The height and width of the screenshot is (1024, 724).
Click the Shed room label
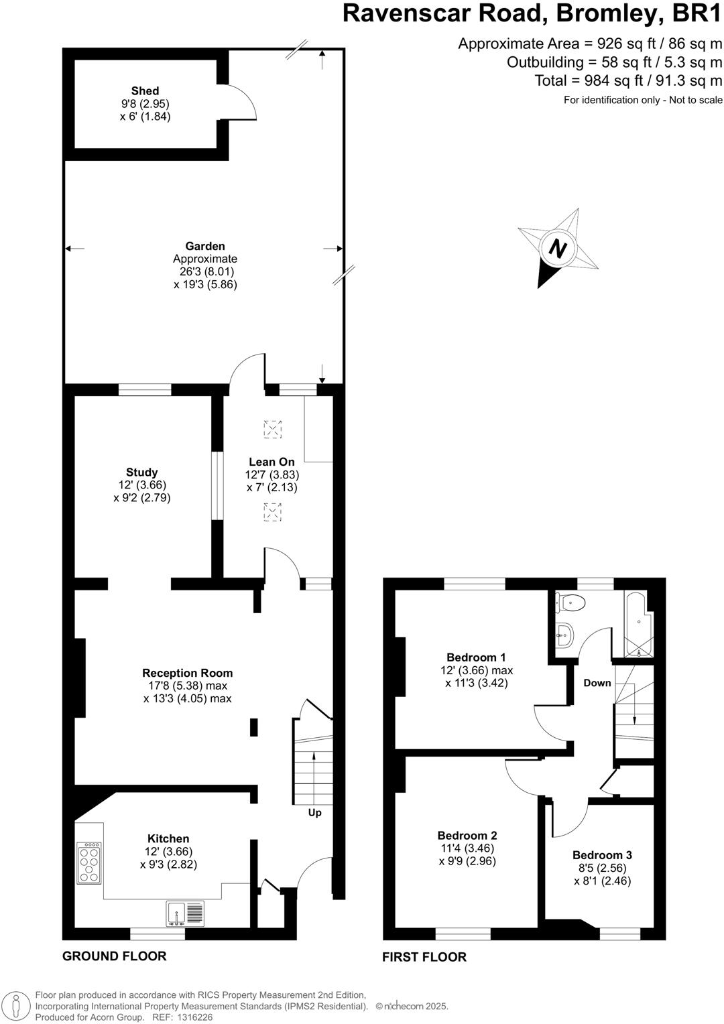[145, 91]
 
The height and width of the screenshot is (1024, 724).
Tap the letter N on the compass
[556, 248]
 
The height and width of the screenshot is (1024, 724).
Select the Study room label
[141, 472]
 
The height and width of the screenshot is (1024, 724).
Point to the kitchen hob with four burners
[90, 861]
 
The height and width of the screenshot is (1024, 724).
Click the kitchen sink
[184, 913]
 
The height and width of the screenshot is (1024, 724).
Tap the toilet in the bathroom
[571, 602]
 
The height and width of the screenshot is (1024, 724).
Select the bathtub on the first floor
[636, 625]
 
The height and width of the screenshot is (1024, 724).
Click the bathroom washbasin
[565, 633]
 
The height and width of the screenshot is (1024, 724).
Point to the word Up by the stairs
[314, 812]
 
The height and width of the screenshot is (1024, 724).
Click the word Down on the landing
[597, 683]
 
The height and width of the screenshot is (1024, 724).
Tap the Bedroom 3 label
[602, 855]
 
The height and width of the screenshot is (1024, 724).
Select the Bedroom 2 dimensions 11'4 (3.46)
[467, 848]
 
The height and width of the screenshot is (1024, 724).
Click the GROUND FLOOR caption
[114, 956]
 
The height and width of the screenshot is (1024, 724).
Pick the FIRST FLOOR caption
[424, 957]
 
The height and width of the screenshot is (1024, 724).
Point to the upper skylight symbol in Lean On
[272, 429]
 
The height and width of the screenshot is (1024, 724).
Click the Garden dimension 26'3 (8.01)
[205, 271]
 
